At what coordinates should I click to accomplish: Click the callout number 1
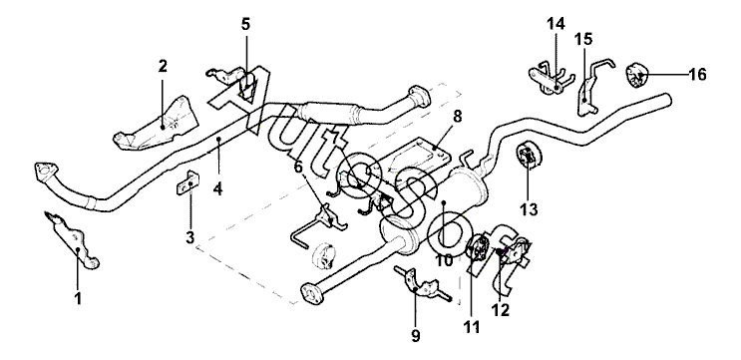(x=79, y=298)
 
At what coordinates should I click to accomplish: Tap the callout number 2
(x=163, y=66)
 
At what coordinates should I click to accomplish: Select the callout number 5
(x=245, y=24)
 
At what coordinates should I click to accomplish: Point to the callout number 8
(x=457, y=117)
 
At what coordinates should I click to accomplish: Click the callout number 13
(x=530, y=208)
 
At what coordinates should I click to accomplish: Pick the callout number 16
(x=697, y=74)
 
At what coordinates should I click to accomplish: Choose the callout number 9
(x=416, y=336)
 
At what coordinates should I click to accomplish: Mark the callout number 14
(x=556, y=23)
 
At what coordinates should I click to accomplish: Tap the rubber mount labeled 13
(x=528, y=156)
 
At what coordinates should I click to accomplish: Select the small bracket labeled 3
(x=188, y=182)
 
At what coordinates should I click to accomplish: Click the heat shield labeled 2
(x=156, y=125)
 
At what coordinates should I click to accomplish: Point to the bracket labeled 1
(x=72, y=240)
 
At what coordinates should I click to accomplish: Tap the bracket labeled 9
(x=422, y=285)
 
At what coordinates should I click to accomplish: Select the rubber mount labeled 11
(x=477, y=247)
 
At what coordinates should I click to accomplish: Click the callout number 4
(x=217, y=189)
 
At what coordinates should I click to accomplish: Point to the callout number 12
(x=500, y=310)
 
